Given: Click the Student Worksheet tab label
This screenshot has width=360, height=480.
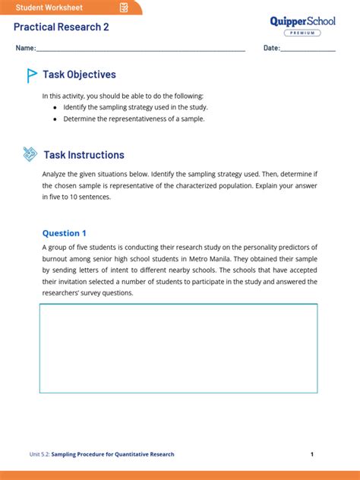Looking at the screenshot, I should (x=49, y=8).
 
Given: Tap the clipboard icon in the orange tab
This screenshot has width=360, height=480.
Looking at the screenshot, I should (x=124, y=8).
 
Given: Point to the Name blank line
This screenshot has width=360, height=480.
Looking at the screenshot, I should (x=141, y=50).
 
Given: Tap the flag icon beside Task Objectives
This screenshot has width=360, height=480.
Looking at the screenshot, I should (x=32, y=75).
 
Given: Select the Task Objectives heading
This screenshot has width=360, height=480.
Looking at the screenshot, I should (x=79, y=75).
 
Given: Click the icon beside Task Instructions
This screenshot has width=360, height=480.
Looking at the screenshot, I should (x=30, y=154).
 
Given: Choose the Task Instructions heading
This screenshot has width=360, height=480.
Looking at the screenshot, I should (x=84, y=155).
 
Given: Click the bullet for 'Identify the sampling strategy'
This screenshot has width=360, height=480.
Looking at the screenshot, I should (x=55, y=108).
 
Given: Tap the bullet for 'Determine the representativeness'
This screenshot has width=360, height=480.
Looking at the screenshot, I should (x=55, y=119).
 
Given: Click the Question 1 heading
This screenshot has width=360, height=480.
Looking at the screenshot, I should (x=65, y=233).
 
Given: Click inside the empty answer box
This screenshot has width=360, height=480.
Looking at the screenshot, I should (x=178, y=348).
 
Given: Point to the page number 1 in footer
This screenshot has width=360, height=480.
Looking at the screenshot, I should (x=312, y=454).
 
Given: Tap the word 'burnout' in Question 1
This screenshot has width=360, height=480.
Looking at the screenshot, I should (x=55, y=259).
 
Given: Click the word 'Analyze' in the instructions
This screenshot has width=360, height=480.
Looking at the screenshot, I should (x=55, y=174).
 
